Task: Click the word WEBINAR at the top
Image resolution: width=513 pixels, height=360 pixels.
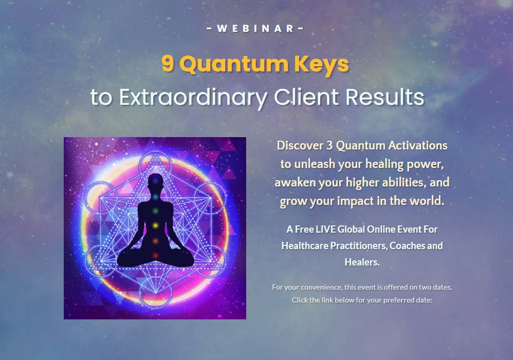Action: (255, 28)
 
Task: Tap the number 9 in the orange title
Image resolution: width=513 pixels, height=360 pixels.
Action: (168, 63)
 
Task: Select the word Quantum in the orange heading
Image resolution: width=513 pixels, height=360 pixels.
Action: (233, 64)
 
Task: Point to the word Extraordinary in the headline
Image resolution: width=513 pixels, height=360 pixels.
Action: (193, 98)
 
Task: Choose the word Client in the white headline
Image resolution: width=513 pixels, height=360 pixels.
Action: (306, 97)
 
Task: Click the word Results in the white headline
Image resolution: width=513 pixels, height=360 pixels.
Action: (384, 97)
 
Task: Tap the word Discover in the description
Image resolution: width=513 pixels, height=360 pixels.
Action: (300, 145)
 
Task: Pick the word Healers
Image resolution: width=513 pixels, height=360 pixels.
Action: (362, 262)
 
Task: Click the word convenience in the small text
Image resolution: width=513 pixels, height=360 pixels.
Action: (321, 287)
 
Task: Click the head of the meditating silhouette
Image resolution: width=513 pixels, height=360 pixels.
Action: (155, 181)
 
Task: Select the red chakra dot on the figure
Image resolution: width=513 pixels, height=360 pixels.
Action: (155, 255)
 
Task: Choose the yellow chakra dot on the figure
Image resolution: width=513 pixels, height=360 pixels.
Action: (156, 225)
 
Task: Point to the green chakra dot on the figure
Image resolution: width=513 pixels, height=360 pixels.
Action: (156, 211)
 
